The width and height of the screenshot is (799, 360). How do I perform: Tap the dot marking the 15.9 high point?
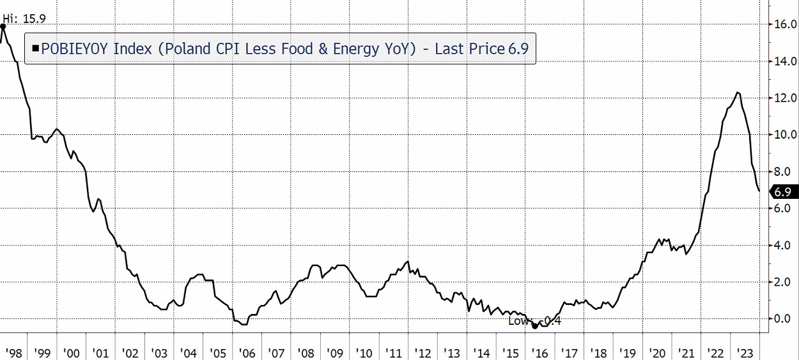[3, 26]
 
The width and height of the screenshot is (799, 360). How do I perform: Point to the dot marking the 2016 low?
[535, 325]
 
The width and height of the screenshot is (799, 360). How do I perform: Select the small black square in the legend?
[35, 49]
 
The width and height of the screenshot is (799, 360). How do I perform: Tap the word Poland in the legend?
[181, 49]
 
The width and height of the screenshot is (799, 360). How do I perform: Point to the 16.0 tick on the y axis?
[784, 25]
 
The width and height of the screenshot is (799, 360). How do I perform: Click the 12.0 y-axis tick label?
[784, 98]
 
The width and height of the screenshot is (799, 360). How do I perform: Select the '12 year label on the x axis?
[423, 353]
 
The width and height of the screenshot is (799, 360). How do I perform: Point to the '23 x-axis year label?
[745, 353]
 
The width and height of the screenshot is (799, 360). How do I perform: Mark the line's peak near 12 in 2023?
[738, 93]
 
